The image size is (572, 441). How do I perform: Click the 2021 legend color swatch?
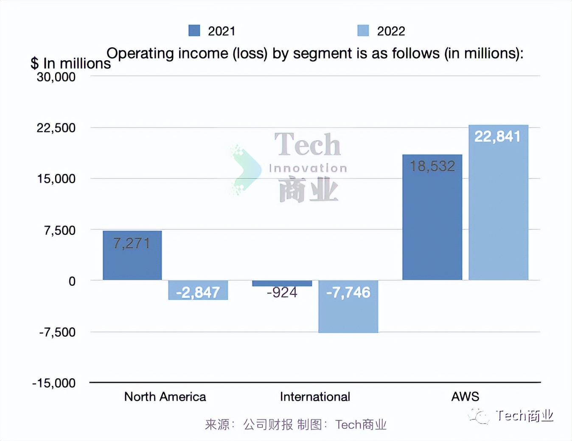coord(194,31)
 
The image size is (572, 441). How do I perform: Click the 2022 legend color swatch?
coord(363,31)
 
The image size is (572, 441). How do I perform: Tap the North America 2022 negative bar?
coord(198,290)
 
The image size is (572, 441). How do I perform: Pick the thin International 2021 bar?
coord(282,283)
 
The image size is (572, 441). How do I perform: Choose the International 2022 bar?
coord(348,306)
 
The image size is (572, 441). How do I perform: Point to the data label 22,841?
coord(497,137)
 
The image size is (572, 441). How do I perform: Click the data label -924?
coord(282,293)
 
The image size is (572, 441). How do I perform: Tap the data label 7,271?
coord(132,243)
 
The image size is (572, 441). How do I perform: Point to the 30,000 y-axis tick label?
coord(56,77)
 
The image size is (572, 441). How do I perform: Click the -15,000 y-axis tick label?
coord(54,383)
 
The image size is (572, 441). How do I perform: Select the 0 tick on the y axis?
coord(72,281)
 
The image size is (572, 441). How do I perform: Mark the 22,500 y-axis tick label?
coord(56,128)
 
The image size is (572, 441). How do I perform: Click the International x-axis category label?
coord(315,397)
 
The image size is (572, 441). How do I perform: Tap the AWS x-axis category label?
coord(465,397)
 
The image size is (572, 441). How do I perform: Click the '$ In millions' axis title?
coord(70,64)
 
